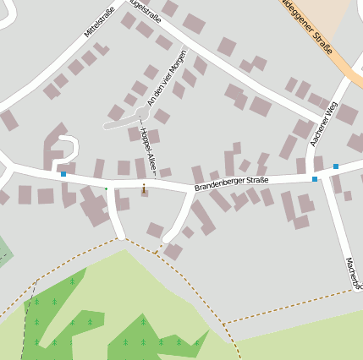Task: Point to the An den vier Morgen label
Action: coord(166,78)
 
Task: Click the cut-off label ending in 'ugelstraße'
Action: coord(144,6)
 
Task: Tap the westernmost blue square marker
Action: coord(63,174)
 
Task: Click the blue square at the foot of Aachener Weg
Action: coord(315,179)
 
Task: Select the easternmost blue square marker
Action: coord(336,166)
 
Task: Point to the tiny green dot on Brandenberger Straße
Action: coord(107,187)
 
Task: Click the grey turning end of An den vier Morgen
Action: coord(108,125)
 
